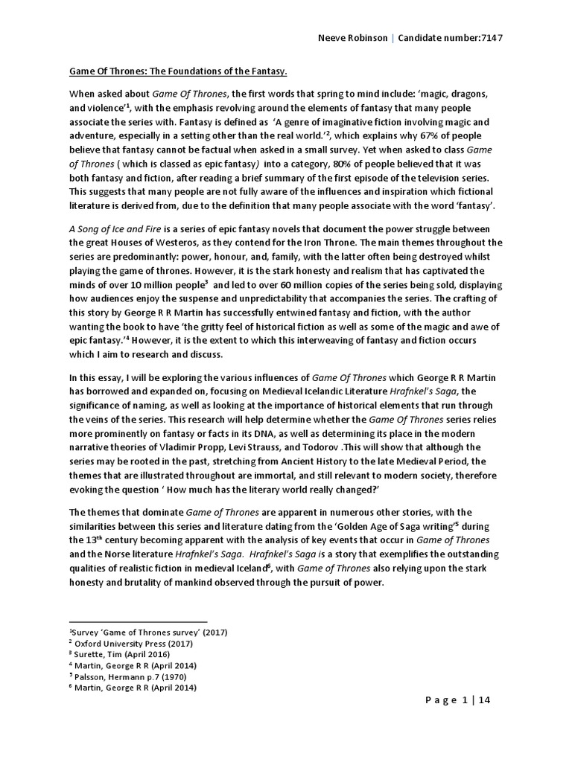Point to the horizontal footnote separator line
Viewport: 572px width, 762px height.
tap(138, 621)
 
